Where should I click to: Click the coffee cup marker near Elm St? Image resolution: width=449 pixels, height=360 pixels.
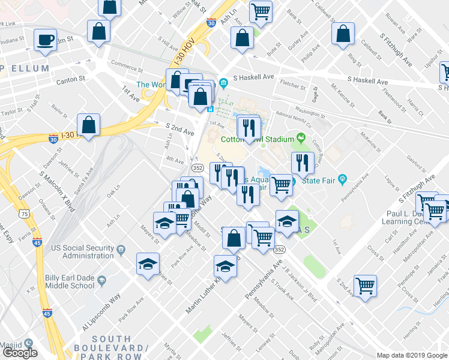[x=45, y=40]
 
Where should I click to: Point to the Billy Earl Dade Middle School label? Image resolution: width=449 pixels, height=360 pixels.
[x=69, y=281]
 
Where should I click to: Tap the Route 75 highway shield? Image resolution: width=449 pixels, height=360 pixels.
[x=23, y=214]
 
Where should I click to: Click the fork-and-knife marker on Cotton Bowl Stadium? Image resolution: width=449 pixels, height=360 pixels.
[x=248, y=127]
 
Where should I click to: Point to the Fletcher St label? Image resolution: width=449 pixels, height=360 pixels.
[x=294, y=85]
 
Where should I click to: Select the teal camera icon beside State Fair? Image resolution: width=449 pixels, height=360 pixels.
[x=343, y=179]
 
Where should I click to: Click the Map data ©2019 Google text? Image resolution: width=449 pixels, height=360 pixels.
[x=412, y=355]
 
